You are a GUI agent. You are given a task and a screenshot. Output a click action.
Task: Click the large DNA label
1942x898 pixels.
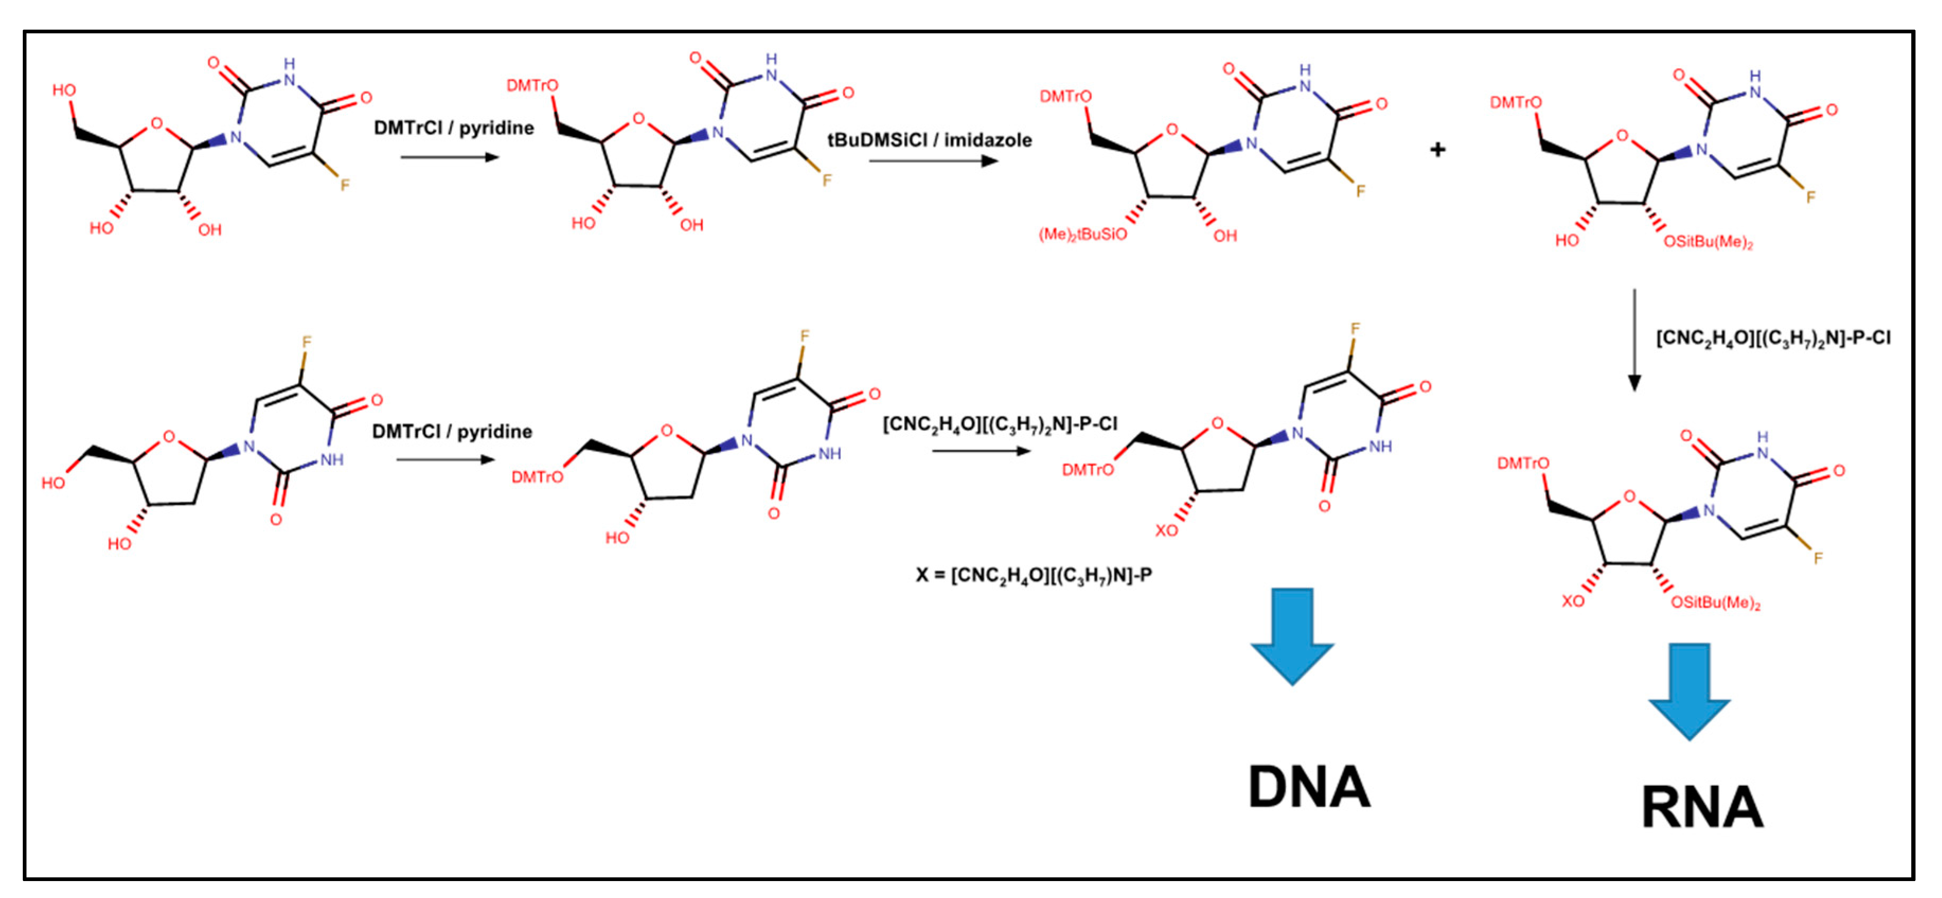(1309, 787)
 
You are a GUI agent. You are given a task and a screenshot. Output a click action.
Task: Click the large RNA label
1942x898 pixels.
(1702, 808)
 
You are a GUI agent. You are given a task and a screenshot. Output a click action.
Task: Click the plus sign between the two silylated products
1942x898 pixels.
(1438, 150)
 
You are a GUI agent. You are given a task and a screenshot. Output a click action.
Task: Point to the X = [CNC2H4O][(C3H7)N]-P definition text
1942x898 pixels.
(1034, 576)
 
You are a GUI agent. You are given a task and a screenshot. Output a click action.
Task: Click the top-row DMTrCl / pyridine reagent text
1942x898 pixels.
(454, 128)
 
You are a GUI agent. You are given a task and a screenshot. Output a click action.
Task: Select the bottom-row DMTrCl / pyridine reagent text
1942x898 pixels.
(452, 432)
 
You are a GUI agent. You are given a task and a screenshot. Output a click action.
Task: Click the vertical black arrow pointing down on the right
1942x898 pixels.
(1634, 339)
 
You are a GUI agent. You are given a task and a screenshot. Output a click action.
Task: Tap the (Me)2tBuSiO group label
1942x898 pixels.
(1083, 234)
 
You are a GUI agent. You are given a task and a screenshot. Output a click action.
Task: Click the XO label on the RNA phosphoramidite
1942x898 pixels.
(1573, 601)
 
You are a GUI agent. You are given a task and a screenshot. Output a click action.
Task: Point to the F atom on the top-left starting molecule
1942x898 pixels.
(344, 185)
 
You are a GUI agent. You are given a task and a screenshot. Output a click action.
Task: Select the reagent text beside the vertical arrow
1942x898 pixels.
(1773, 338)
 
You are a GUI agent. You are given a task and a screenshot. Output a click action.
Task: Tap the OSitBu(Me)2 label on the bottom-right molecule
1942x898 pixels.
(1716, 603)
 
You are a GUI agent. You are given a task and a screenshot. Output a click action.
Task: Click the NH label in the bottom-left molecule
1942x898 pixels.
(332, 459)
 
